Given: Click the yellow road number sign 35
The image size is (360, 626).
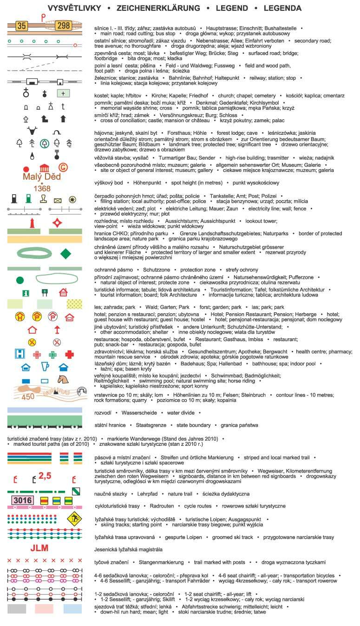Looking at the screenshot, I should coord(21,26).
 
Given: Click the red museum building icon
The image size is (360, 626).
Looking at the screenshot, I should coord(45,168).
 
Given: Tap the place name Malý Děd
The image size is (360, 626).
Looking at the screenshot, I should coord(42,177).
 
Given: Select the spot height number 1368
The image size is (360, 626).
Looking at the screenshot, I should coord(42,188).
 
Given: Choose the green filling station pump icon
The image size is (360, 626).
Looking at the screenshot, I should coord(29,199).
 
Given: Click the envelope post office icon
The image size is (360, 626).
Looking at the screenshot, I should coord(58,200).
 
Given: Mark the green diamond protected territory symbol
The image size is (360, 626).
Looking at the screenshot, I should coord(66,253).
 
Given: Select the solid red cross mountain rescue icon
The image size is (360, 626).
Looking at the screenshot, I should coord(70,355).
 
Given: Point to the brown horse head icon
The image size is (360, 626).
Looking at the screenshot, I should coord(63,380).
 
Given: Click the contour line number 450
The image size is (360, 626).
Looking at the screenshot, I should coord(28,396).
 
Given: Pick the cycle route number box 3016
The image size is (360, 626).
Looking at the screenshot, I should coord(22,501).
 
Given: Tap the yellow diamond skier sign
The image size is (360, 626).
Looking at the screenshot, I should coord(73,519).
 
